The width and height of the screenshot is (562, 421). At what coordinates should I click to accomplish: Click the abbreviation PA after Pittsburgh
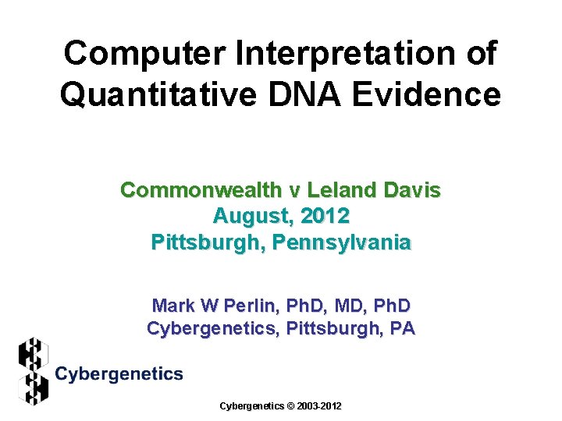coord(403,328)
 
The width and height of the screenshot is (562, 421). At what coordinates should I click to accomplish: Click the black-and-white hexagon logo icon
coord(33,371)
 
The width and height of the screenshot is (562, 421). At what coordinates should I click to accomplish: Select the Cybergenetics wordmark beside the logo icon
coord(119,374)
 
